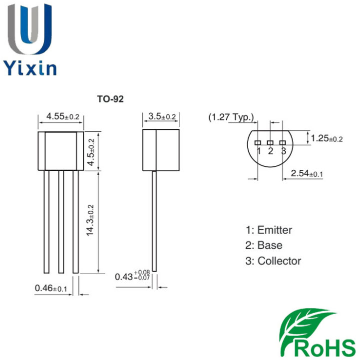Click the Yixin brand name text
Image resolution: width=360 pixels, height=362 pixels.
[x=30, y=68]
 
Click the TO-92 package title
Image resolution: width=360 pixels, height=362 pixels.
[x=110, y=99]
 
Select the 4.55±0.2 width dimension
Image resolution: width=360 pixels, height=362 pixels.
[x=63, y=116]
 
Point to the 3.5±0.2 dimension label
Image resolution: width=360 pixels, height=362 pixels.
[x=162, y=116]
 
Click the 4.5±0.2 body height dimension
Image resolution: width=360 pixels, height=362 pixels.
[x=91, y=152]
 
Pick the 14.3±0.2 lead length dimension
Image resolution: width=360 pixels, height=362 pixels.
[x=90, y=221]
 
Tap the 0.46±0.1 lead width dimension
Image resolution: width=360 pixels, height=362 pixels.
[x=51, y=288]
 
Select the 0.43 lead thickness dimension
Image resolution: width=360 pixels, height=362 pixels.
[x=132, y=276]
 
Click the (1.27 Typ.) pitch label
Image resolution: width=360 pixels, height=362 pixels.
[x=231, y=117]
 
